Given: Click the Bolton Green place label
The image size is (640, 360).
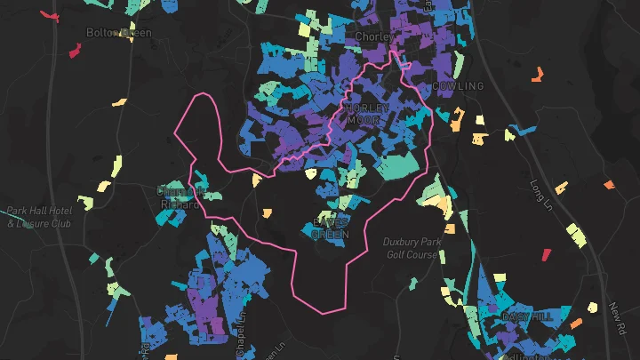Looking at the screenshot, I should click(x=118, y=33).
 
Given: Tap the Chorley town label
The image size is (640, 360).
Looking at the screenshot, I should click(x=372, y=36).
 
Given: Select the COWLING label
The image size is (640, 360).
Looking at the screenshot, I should click(x=458, y=86).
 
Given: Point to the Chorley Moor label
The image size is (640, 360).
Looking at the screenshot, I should click(x=367, y=115).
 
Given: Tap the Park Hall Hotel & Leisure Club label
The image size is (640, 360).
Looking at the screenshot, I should click(x=38, y=217).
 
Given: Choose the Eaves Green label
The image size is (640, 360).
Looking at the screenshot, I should click(x=331, y=228).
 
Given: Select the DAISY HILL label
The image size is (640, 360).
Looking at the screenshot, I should click(x=527, y=316).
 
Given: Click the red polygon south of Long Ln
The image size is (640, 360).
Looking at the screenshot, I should click(x=547, y=255).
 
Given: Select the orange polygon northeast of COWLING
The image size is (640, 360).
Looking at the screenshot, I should click(x=537, y=75).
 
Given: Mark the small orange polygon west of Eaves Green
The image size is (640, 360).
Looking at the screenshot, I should click(x=267, y=212).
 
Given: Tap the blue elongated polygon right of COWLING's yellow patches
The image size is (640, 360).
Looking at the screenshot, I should click(x=524, y=130).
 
